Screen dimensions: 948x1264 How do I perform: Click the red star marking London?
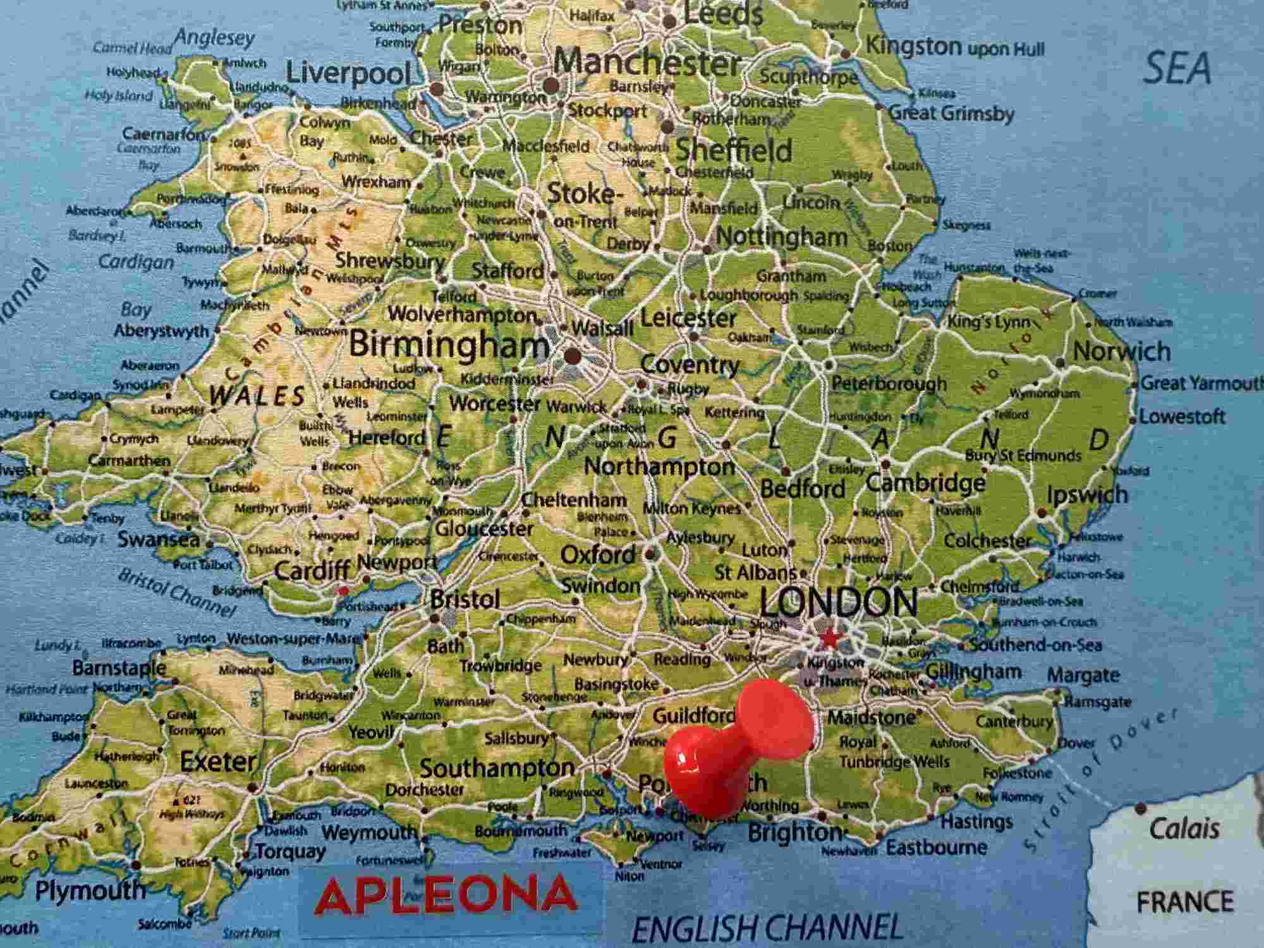[830, 640]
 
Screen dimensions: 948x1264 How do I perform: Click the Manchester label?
[646, 63]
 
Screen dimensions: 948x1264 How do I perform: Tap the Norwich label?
[1121, 351]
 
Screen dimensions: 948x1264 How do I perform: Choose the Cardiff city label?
[312, 571]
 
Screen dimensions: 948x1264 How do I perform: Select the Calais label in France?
[1184, 828]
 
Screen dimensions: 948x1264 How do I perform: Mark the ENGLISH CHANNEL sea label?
[767, 928]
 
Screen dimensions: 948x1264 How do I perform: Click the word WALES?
[258, 396]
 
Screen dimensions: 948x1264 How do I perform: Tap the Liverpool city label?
[348, 73]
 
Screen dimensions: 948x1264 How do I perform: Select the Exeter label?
[217, 762]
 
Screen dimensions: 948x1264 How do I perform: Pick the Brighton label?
[794, 833]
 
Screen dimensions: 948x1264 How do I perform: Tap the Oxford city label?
[598, 555]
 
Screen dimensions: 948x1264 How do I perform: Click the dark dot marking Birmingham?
[573, 356]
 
